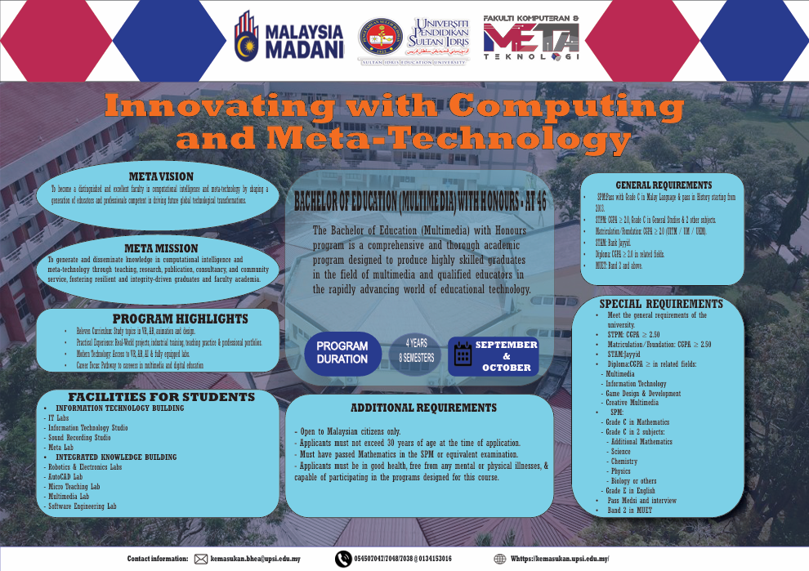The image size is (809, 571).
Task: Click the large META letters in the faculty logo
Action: [x=531, y=38]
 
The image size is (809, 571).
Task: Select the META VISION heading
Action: [x=161, y=176]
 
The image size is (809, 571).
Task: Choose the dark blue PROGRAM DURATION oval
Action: [x=342, y=352]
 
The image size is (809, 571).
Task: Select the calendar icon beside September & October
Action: [x=463, y=355]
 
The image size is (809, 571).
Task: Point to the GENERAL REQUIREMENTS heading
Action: [x=664, y=185]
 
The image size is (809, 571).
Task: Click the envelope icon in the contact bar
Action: [x=201, y=560]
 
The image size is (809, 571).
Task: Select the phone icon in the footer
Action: [x=343, y=560]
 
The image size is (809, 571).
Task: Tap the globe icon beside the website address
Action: [x=499, y=560]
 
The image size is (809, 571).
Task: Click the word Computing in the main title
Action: [x=567, y=106]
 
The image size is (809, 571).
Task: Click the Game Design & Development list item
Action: [x=642, y=393]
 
